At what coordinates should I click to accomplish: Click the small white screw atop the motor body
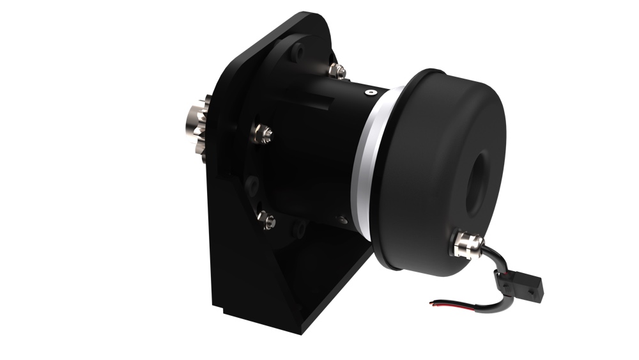pyautogui.click(x=369, y=93)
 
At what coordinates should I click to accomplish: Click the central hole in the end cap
pyautogui.click(x=479, y=180)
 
